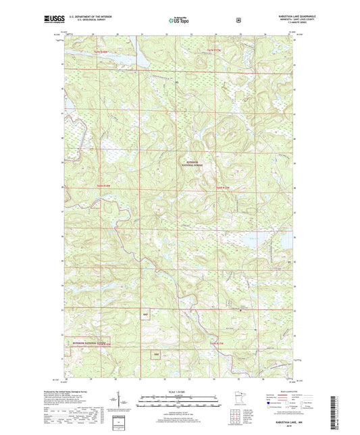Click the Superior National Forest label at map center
click(x=194, y=163)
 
